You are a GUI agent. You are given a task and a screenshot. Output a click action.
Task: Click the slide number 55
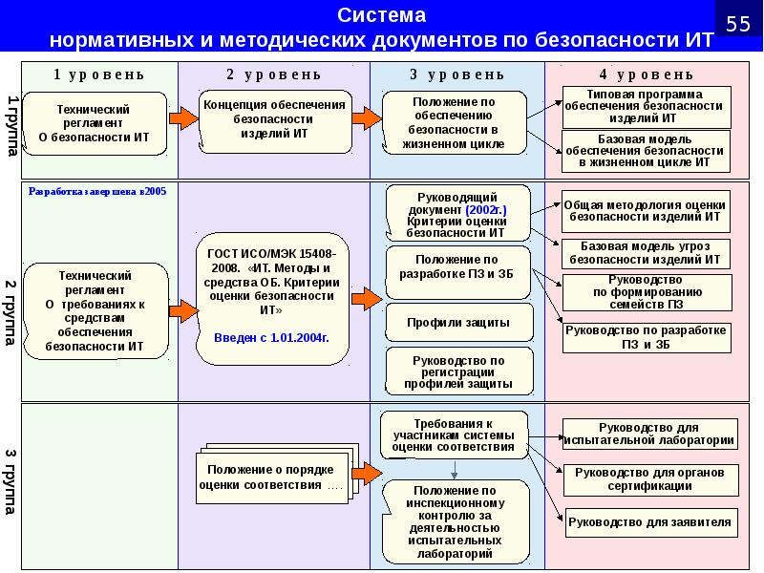(738, 23)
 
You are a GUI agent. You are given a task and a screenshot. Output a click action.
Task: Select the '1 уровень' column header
(99, 74)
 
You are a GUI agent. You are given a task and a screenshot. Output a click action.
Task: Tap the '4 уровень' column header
(647, 74)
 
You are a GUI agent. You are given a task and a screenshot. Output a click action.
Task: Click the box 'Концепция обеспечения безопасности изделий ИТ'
(275, 121)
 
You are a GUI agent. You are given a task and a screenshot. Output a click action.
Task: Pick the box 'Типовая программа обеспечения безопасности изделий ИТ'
(647, 107)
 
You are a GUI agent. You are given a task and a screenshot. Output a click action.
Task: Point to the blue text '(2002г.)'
(486, 210)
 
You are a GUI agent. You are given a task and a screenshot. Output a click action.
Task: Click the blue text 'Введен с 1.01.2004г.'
(271, 338)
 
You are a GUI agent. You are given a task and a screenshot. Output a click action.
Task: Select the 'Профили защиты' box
(459, 323)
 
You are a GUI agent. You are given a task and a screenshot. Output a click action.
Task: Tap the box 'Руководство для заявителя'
(651, 522)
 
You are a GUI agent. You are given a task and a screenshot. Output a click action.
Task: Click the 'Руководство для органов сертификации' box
(650, 480)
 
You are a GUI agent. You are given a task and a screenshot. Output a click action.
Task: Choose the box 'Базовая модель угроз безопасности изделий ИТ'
(646, 254)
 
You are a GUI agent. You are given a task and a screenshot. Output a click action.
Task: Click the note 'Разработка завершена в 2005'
(97, 192)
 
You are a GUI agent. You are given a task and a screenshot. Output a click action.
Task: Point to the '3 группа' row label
(11, 481)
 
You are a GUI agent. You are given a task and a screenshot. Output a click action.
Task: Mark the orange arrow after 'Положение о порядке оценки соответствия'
(367, 473)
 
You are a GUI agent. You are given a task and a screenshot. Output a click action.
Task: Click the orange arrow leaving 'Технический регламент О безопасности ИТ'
(183, 117)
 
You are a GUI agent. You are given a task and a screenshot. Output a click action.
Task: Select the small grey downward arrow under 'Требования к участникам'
(455, 469)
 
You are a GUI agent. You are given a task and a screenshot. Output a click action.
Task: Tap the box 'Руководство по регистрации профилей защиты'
(459, 371)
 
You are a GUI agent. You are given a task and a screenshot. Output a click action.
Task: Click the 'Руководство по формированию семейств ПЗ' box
(647, 292)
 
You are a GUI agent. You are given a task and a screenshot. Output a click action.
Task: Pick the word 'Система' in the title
(381, 15)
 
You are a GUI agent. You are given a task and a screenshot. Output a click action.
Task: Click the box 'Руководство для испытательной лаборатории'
(649, 434)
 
